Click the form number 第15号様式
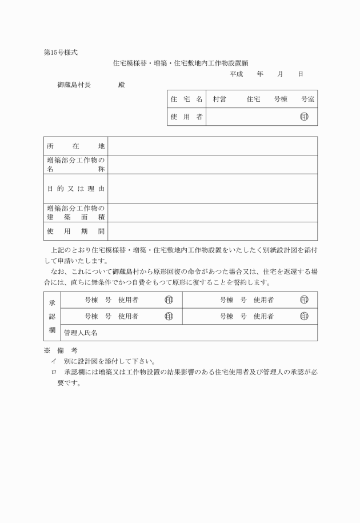pos(61,52)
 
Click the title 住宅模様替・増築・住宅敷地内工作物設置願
pos(181,63)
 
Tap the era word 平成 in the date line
pos(237,74)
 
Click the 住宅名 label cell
pos(186,99)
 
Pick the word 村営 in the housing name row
pos(219,99)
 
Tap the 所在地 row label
pos(75,146)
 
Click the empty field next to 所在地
pos(213,146)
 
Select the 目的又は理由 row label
pos(75,188)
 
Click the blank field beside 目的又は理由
pos(213,188)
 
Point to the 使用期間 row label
pos(75,231)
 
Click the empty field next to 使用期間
pos(213,231)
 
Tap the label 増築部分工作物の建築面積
pos(75,212)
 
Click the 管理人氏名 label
pos(83,333)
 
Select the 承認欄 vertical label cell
pos(51,316)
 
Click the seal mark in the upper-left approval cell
pos(169,300)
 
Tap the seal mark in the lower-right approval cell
pos(304,316)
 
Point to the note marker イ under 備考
pos(54,361)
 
